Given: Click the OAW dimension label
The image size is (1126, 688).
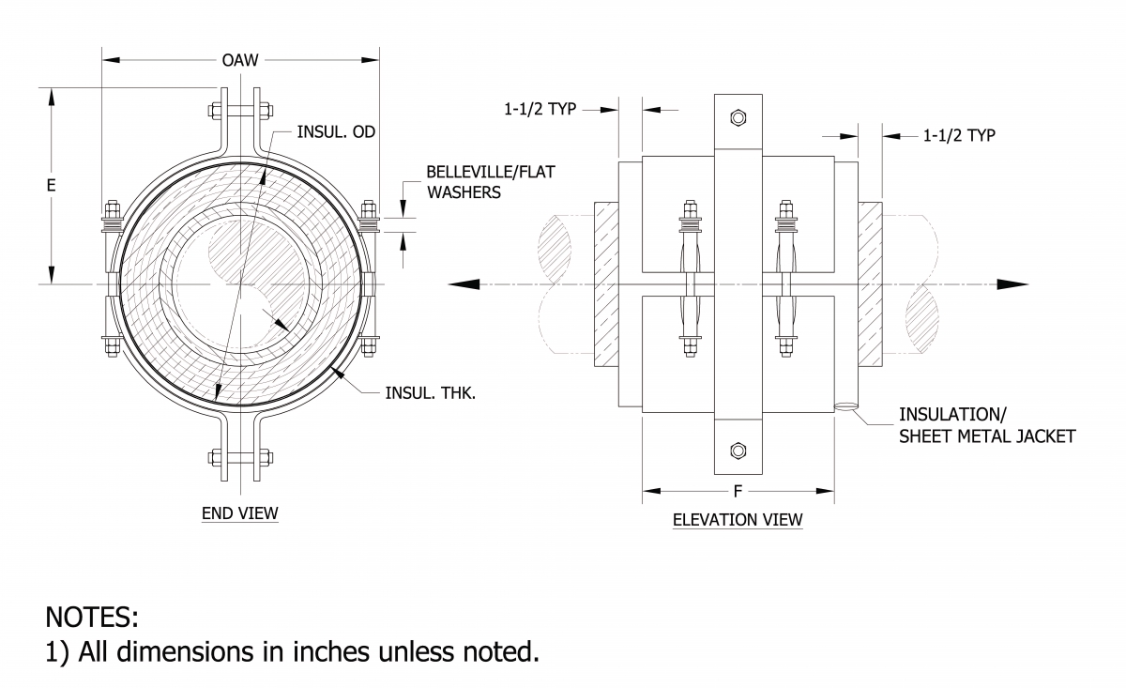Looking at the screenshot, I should tap(241, 61).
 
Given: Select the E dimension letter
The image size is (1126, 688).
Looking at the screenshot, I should tap(52, 185).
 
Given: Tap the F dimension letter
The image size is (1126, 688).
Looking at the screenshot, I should tap(738, 490).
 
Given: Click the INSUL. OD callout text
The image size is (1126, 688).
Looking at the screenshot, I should tap(336, 131).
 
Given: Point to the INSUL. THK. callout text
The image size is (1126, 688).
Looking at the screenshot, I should tap(431, 392).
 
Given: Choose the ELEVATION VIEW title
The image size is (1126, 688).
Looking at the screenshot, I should tap(738, 519).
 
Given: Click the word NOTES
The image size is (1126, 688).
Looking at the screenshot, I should tap(92, 618).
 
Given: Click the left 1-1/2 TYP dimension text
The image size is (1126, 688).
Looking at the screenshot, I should tap(540, 109).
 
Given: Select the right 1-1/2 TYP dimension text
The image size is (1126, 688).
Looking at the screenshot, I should tap(959, 135).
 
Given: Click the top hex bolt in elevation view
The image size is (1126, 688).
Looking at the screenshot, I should tap(738, 117).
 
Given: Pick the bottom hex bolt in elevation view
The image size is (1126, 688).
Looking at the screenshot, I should tap(738, 451).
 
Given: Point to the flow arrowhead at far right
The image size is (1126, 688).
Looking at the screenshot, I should tap(1012, 284).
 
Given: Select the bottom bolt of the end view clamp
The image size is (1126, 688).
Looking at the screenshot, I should tap(241, 459).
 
